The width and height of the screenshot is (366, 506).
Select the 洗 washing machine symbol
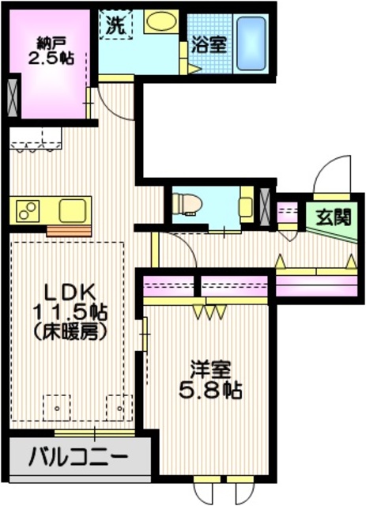[115, 24]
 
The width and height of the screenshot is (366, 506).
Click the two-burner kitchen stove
[27, 211]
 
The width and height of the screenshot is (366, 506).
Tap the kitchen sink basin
[73, 211]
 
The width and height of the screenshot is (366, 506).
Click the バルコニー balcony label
[78, 457]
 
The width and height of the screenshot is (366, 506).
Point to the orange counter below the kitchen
[69, 231]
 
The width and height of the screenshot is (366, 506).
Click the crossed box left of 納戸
[13, 94]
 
